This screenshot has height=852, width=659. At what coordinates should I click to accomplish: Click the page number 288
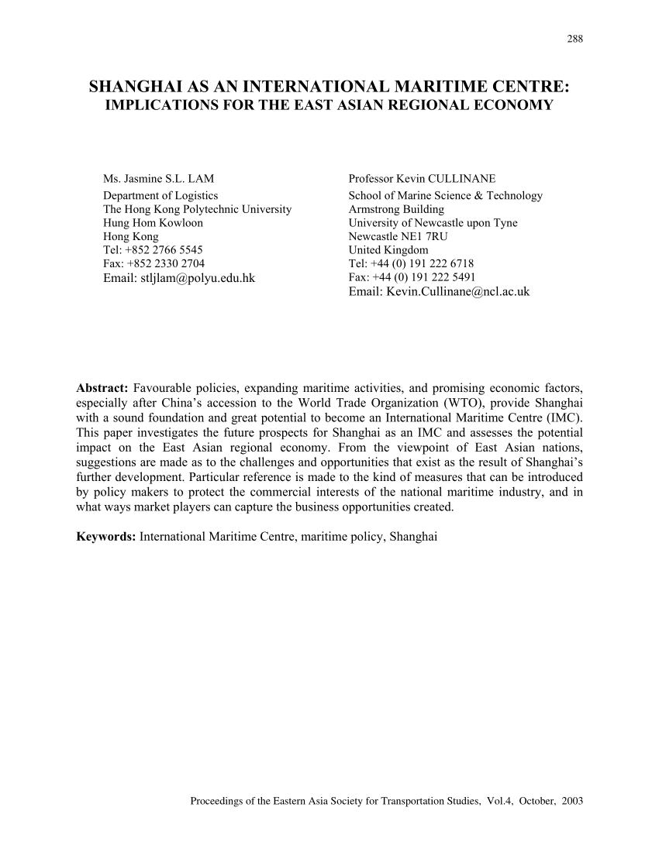point(575,40)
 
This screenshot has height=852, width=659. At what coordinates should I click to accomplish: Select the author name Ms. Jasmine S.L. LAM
point(158,179)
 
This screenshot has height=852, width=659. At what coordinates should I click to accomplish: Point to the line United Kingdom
point(388,250)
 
